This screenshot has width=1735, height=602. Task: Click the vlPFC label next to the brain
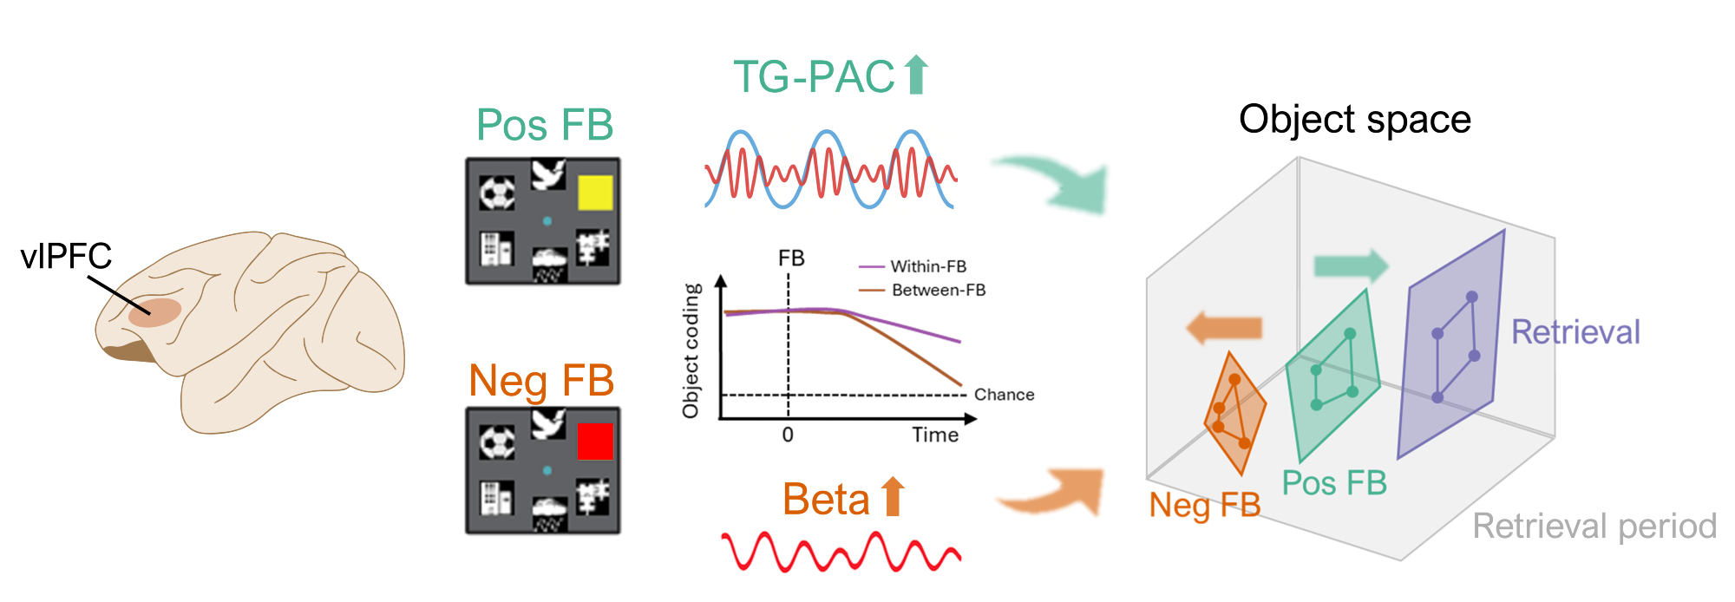66,256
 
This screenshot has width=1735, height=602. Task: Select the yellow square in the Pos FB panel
595,193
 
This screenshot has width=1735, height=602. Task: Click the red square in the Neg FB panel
595,441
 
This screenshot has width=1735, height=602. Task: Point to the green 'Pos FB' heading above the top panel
545,125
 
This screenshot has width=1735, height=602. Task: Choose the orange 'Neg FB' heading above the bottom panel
541,381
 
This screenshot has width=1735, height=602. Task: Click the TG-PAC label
814,77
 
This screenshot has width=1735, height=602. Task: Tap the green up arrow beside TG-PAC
916,75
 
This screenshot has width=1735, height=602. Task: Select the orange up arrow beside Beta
893,497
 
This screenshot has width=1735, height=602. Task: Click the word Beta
826,500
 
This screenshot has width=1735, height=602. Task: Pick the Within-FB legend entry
928,266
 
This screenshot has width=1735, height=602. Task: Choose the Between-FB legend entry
938,290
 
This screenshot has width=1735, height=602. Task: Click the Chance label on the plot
1004,395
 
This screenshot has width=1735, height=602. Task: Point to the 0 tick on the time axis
788,435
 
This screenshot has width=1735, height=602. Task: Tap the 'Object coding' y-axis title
691,351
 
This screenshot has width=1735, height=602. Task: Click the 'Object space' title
1354,120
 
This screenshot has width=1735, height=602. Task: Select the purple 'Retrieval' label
1575,332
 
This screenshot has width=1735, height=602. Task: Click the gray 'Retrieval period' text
1594,527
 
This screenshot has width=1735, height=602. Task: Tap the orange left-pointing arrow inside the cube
1224,328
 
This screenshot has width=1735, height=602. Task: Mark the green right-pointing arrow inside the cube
1351,265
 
